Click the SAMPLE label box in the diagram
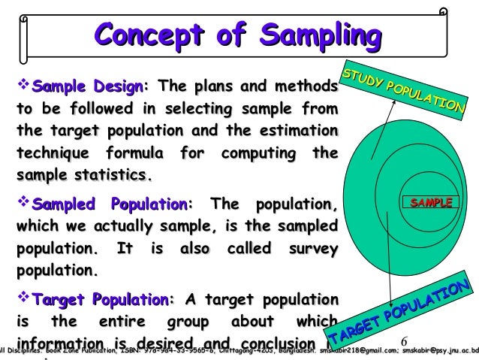(430, 203)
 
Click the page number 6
(403, 340)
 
